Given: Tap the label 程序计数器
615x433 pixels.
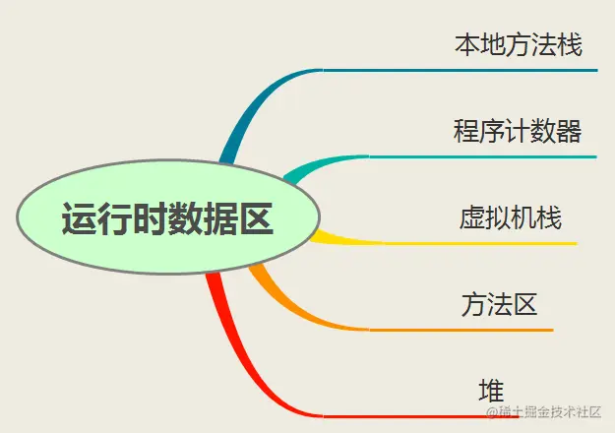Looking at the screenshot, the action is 517,131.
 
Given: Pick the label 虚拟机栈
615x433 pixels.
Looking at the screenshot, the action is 511,217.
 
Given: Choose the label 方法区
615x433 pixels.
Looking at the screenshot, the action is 499,303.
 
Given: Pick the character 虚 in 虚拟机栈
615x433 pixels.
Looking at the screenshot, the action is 472,217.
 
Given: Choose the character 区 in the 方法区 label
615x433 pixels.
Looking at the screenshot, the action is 524,303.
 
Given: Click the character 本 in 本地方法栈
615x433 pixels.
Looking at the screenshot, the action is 467,45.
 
